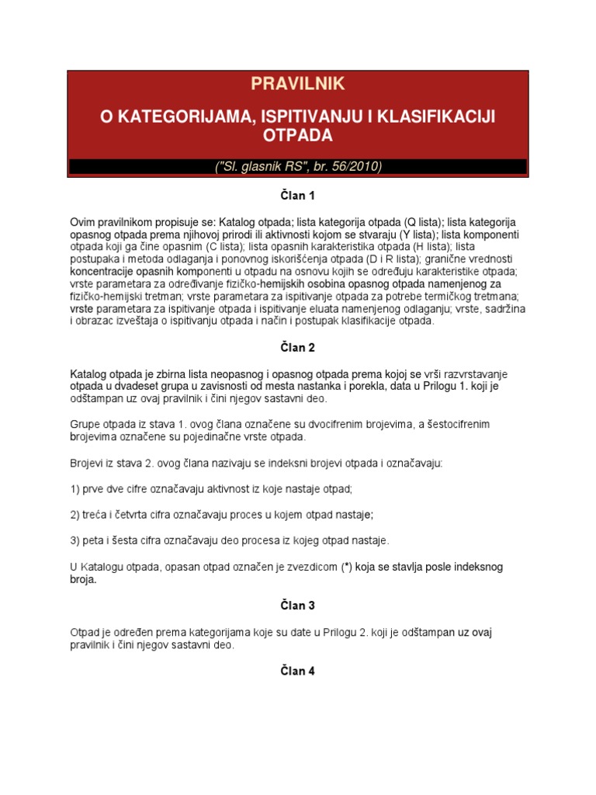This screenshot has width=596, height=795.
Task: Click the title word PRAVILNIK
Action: pos(298,84)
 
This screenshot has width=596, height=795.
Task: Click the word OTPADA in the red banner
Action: pos(297,136)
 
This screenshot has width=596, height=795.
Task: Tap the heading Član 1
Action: pos(298,196)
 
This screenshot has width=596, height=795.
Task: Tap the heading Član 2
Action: pos(298,348)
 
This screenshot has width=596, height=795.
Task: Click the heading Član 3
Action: pos(298,605)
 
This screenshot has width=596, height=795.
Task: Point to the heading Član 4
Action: pos(298,671)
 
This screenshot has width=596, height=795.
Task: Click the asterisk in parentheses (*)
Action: pos(348,567)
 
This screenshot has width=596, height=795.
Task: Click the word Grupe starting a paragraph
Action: pos(86,424)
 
